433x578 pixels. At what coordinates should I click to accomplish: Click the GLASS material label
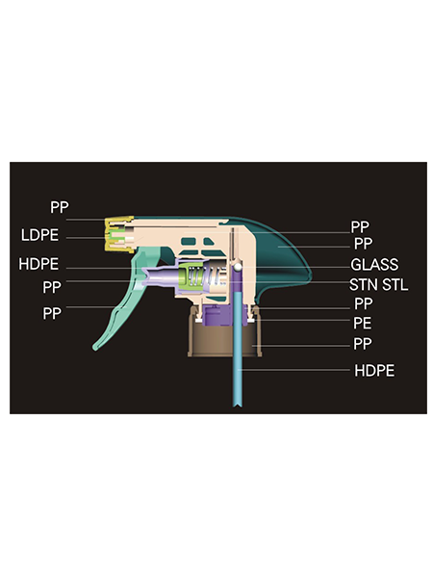[x=374, y=264]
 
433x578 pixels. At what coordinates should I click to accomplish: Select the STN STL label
[x=378, y=284]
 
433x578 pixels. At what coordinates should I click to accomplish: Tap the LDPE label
[x=39, y=235]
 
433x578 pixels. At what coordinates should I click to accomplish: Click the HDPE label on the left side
[x=38, y=264]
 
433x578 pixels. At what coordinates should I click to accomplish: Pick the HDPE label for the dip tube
[x=374, y=371]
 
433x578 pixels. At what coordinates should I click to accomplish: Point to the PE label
[x=363, y=323]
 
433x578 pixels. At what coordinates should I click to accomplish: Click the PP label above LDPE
[x=60, y=207]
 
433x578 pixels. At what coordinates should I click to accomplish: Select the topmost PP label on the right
[x=360, y=226]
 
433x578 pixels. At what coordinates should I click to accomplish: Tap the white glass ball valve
[x=239, y=266]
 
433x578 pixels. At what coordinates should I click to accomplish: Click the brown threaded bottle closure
[x=224, y=332]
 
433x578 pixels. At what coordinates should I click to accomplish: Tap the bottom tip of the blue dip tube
[x=238, y=407]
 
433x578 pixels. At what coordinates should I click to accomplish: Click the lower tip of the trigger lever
[x=95, y=348]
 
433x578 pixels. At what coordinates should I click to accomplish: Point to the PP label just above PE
[x=364, y=303]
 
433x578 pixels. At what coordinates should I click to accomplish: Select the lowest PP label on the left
[x=52, y=313]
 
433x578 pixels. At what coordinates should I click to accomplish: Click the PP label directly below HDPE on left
[x=52, y=287]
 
